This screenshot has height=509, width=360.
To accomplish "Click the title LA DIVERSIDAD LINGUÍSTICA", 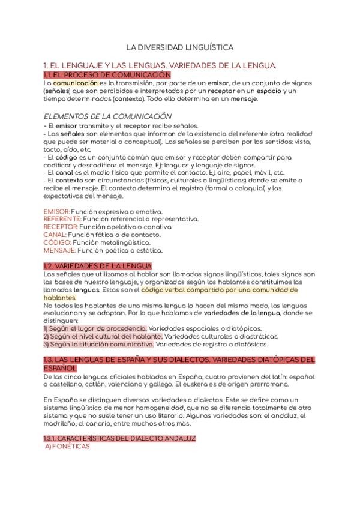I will [179, 46].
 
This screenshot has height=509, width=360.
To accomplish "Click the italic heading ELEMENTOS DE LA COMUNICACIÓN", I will [107, 116].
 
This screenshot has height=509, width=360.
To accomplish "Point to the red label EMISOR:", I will [57, 212].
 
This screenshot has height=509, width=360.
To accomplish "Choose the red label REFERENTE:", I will [62, 220].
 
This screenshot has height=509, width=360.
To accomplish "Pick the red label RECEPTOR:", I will [61, 227].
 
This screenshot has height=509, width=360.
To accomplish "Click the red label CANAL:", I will [55, 235].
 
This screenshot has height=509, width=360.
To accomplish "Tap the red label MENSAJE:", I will [59, 251].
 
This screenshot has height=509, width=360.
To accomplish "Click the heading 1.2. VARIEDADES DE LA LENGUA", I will [97, 266].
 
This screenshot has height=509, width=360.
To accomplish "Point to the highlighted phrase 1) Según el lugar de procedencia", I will [95, 329].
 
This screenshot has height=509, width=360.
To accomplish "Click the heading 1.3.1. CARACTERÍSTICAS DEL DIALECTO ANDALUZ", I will [119, 439].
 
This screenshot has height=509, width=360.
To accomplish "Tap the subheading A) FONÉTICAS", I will [67, 447].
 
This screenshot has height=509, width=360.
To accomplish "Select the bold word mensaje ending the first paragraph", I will [244, 98].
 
